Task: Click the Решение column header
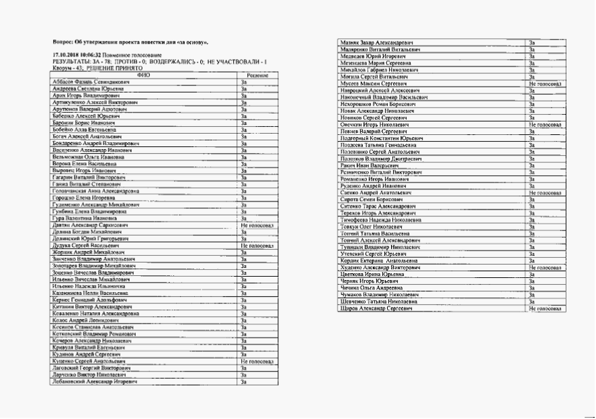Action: pyautogui.click(x=257, y=75)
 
